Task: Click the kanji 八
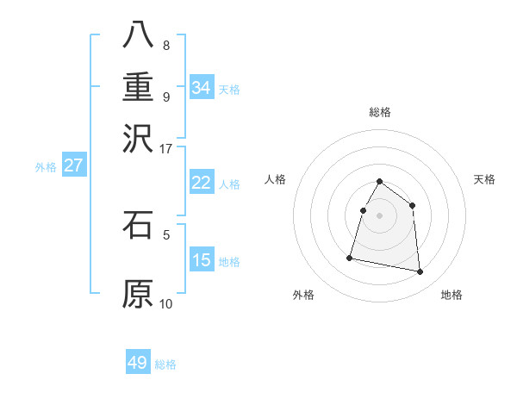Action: point(138,35)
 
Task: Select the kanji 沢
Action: point(138,137)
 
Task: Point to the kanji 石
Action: point(138,225)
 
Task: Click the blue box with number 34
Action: point(201,88)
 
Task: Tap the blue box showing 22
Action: point(201,183)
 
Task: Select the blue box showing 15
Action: point(201,260)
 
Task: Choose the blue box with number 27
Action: point(73,166)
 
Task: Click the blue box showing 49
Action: point(138,363)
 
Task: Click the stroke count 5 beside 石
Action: point(166,234)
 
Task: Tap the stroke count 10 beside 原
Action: point(165,303)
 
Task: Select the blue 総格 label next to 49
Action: point(165,364)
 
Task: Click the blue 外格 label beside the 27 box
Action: point(46,167)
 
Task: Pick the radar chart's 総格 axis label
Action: point(380,112)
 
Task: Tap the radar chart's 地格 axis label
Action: point(452,295)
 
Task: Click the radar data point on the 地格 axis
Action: point(420,272)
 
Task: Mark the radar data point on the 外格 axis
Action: point(350,257)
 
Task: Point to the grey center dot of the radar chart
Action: point(380,215)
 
